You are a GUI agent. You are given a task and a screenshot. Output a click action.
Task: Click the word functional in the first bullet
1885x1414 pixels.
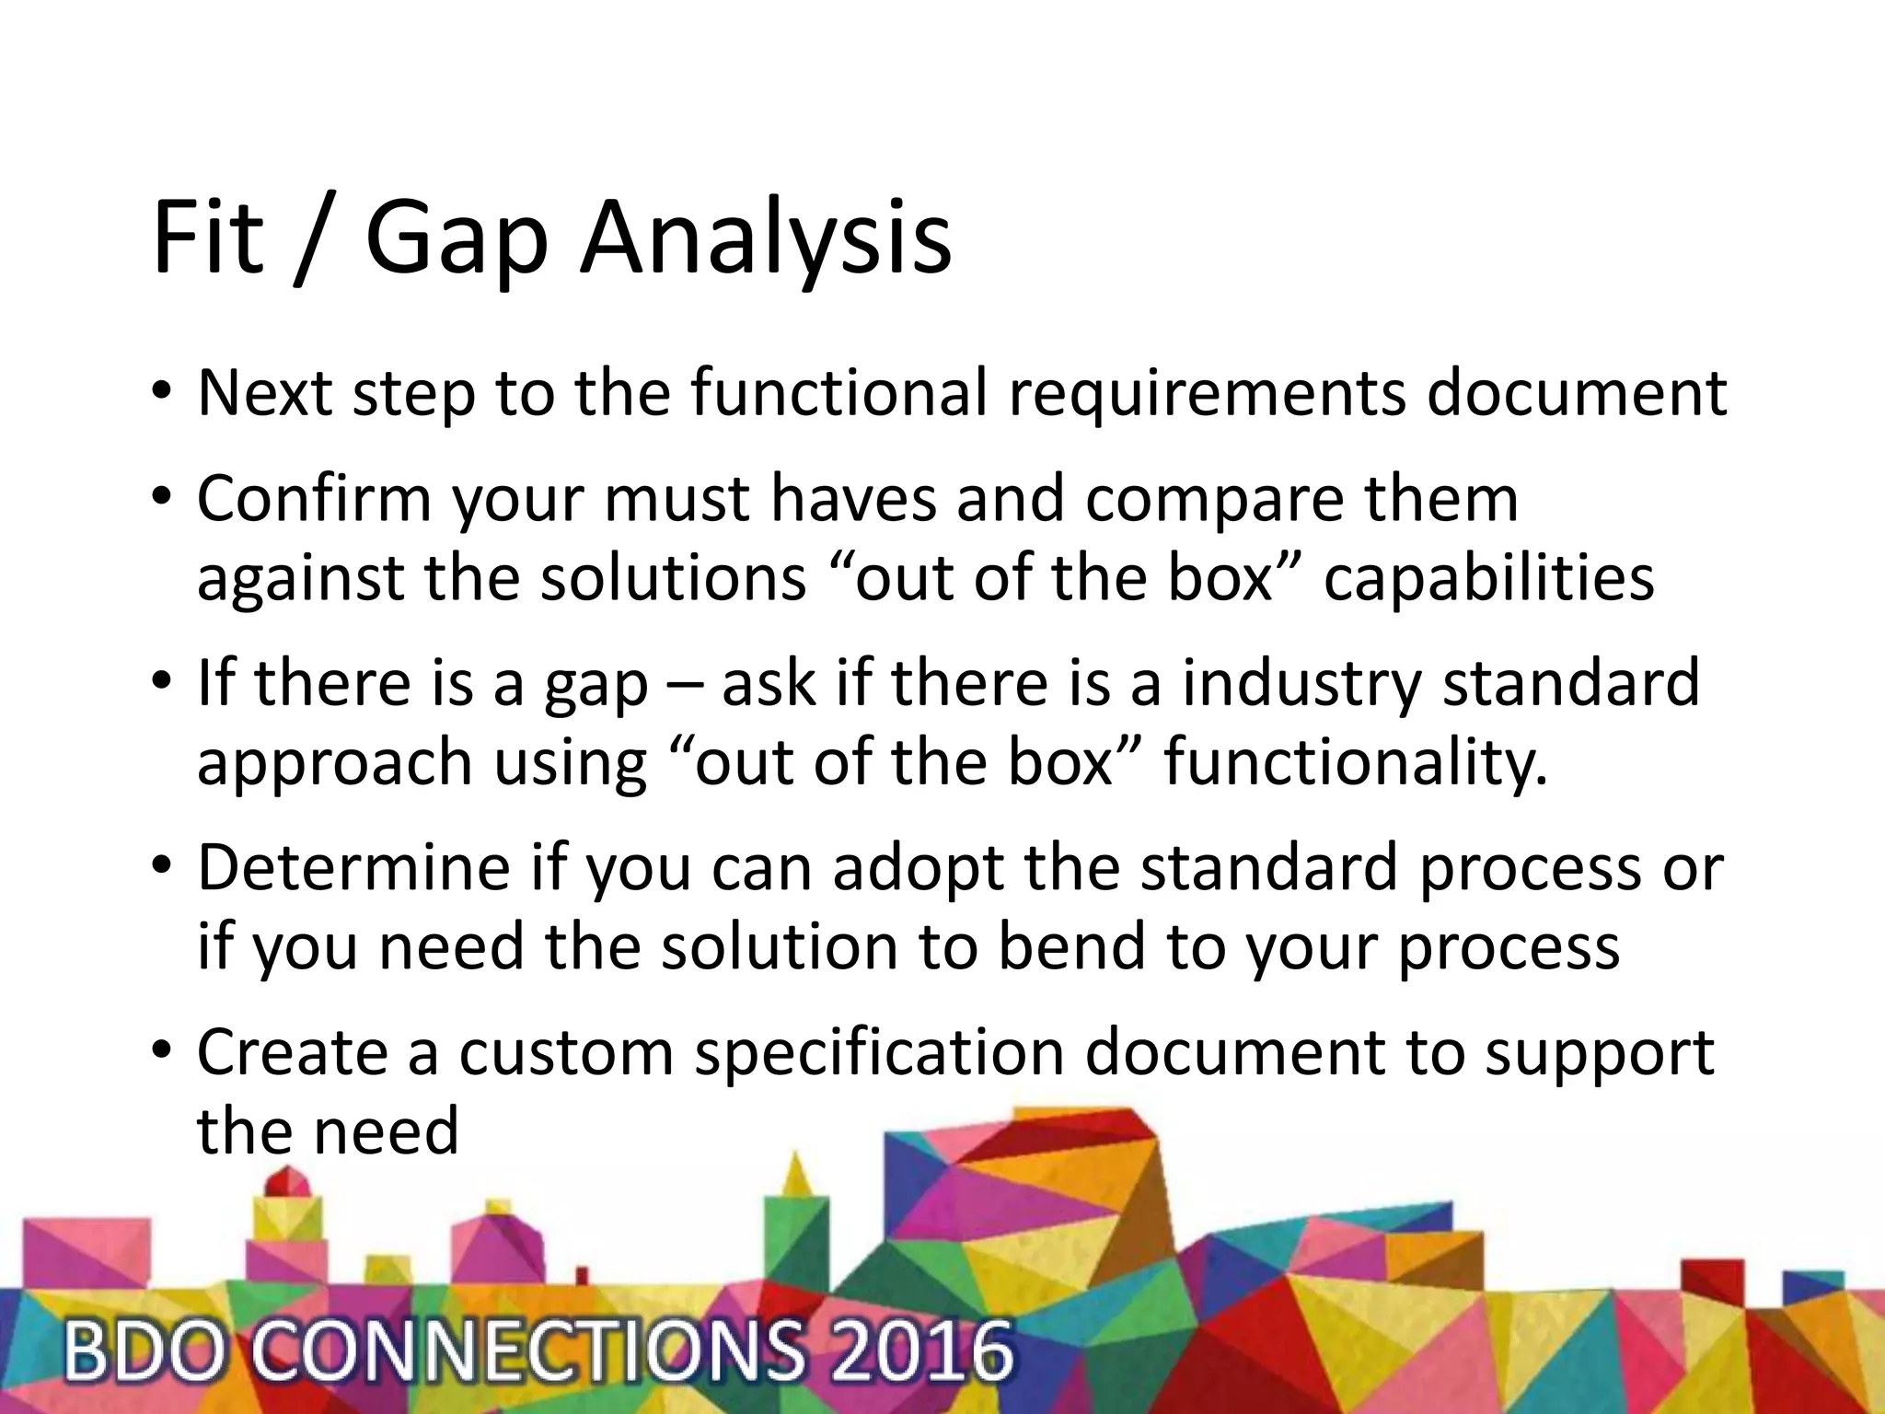(838, 393)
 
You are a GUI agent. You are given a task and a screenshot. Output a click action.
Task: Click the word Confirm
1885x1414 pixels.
(314, 500)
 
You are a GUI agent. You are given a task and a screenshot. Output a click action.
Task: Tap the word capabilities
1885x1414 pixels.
(1488, 579)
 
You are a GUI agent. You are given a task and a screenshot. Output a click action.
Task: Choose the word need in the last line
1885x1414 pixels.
(386, 1131)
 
